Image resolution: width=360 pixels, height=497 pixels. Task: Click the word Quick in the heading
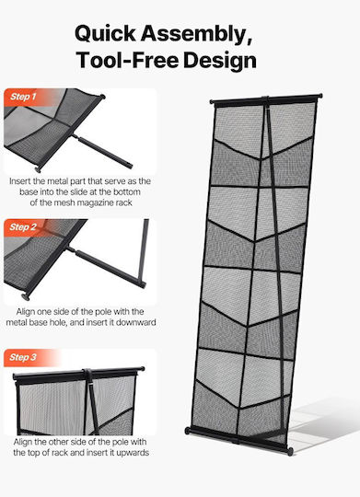[105, 34]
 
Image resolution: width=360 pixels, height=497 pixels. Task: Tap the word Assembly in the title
[196, 34]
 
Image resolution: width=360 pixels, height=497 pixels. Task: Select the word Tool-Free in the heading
[127, 60]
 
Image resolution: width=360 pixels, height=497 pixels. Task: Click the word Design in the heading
[220, 61]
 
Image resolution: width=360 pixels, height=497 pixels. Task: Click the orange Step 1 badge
[23, 97]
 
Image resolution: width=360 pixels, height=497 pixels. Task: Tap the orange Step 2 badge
[23, 227]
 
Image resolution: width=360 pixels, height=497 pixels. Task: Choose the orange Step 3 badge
[23, 357]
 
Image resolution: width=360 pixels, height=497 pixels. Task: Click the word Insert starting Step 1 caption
[20, 181]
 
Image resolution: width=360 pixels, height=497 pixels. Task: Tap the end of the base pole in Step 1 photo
[130, 165]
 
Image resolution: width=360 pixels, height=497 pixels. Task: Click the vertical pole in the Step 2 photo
[144, 250]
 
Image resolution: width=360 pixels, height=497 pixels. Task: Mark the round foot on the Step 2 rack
[26, 297]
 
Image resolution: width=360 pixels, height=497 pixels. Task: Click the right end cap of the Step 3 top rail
[142, 369]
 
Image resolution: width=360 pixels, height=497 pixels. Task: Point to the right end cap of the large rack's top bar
[319, 96]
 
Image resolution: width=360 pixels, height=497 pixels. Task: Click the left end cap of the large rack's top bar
[212, 102]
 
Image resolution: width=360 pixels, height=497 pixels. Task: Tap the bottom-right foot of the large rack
[290, 451]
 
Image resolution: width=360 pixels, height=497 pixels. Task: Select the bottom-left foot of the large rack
[188, 431]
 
